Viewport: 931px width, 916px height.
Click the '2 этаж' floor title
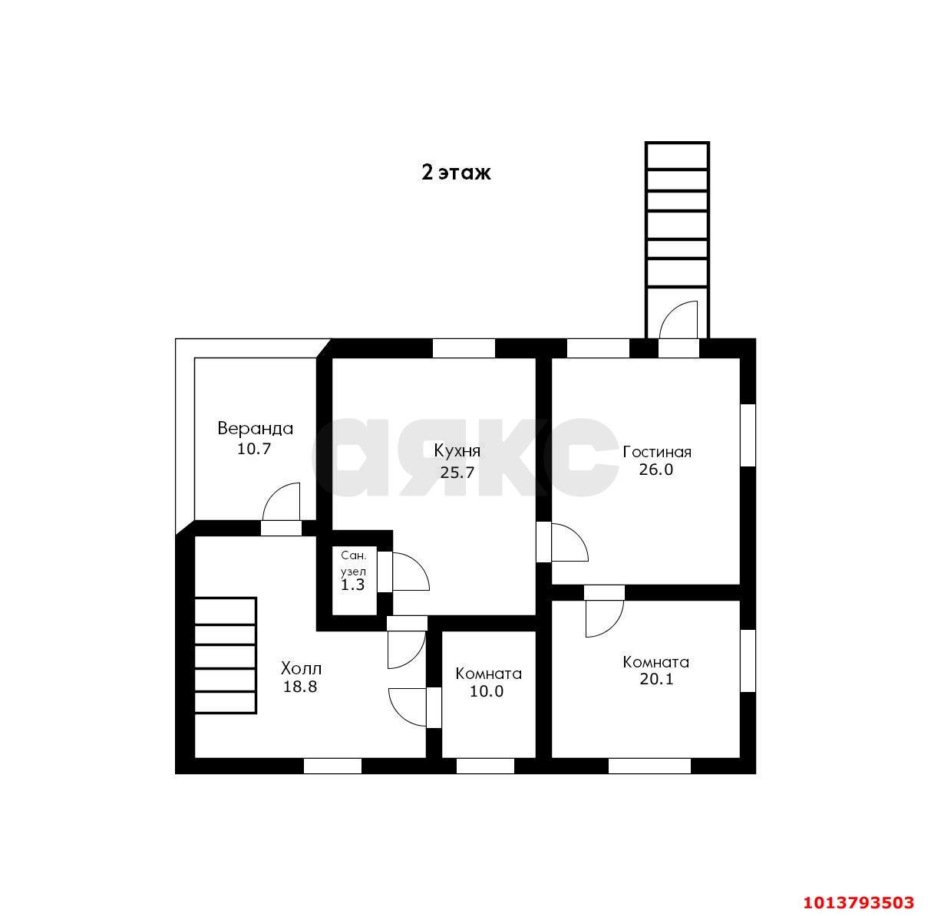coord(456,172)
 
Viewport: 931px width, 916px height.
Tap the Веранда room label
coord(255,428)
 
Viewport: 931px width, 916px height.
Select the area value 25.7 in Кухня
coord(457,472)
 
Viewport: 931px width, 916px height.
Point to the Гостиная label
coord(656,452)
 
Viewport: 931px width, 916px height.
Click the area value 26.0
coord(655,469)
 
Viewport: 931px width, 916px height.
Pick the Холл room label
coord(301,668)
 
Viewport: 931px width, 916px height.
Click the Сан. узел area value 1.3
coord(353,585)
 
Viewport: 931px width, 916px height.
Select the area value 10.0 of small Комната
coord(487,691)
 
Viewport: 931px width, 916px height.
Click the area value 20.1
coord(656,679)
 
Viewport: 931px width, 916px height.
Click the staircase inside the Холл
coord(225,656)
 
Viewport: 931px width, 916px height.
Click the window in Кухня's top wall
coord(464,348)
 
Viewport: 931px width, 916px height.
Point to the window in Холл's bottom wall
coord(332,766)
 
